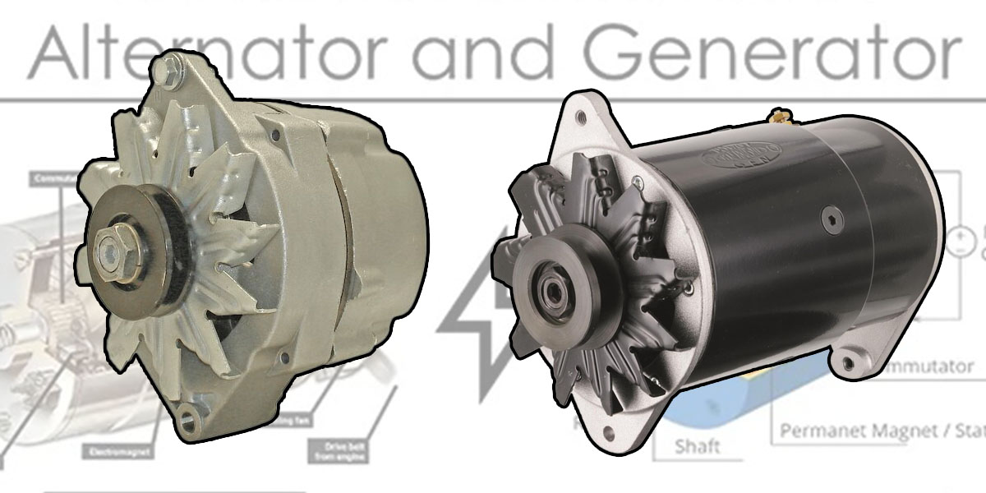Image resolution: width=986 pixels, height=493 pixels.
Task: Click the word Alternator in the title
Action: (205, 51)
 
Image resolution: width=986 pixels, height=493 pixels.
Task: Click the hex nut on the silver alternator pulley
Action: (110, 244)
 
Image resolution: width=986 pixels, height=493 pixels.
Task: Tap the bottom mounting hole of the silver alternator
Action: (188, 422)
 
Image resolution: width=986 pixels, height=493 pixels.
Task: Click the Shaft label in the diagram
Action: (697, 446)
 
